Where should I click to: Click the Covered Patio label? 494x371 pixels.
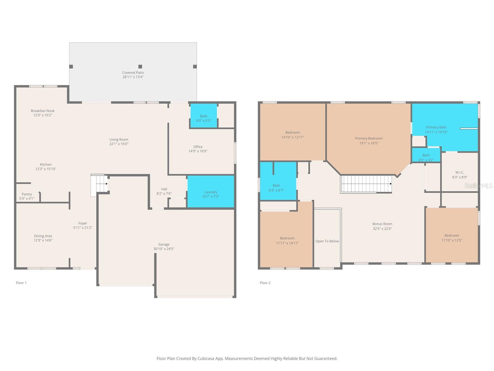133,73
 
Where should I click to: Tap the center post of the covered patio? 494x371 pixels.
140,66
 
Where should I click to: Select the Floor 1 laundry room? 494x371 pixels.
211,192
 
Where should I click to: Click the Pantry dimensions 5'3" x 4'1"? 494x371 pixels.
27,198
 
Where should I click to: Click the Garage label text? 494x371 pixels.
164,244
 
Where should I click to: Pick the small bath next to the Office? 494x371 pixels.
203,116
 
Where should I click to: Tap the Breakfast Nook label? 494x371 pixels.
43,111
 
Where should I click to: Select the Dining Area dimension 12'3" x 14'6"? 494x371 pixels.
43,240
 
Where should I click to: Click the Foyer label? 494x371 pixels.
82,223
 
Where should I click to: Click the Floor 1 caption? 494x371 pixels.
21,283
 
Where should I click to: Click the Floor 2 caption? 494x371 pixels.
265,283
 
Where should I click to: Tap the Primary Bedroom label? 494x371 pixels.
369,138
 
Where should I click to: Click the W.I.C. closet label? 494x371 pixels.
459,173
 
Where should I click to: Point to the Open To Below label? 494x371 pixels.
327,241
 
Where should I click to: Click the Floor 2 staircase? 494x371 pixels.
366,184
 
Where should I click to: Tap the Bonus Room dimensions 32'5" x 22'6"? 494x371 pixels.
382,229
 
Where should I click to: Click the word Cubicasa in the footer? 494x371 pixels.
209,359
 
